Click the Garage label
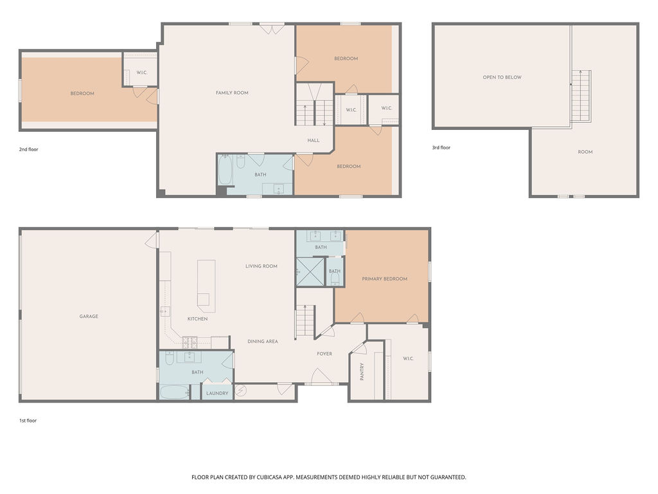click(x=89, y=316)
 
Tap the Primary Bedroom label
click(x=384, y=279)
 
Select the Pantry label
click(x=362, y=372)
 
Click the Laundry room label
click(x=217, y=393)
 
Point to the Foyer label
click(x=325, y=354)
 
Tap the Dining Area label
click(x=263, y=341)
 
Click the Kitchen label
click(x=197, y=319)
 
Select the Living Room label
click(x=262, y=266)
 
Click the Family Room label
click(x=232, y=93)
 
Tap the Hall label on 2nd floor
click(x=314, y=140)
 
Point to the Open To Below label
click(x=502, y=77)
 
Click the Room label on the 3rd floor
click(x=585, y=152)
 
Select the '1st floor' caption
click(x=28, y=421)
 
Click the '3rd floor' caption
click(x=441, y=147)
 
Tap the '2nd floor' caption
click(x=28, y=149)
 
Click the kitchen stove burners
click(x=190, y=342)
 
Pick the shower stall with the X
click(x=310, y=272)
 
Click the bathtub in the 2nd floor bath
click(x=226, y=170)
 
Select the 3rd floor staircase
click(x=581, y=96)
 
